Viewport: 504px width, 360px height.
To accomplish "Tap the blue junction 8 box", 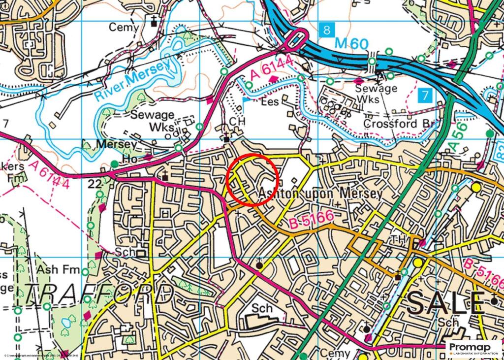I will (326, 30).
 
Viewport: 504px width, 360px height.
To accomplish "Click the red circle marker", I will (253, 178).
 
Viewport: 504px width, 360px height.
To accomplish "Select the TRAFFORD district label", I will (98, 294).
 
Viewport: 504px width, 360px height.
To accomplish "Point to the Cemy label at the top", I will (124, 28).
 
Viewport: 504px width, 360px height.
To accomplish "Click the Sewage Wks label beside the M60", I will (377, 94).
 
